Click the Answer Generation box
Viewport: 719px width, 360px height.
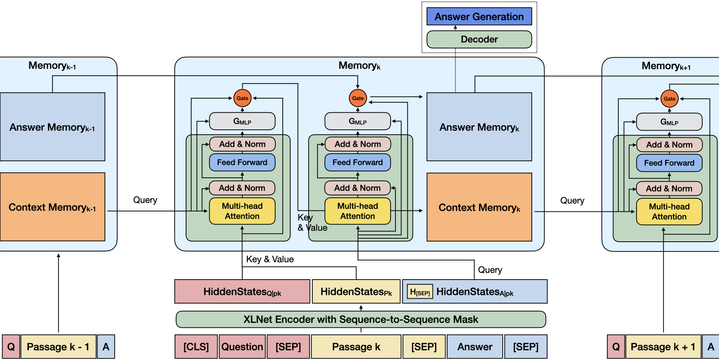tap(479, 16)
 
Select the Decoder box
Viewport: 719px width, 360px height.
tap(479, 39)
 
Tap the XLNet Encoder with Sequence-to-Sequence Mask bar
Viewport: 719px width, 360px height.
tap(361, 319)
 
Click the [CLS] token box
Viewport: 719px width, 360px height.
tap(196, 347)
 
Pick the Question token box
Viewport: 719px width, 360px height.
tap(242, 347)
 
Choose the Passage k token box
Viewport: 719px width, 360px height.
tap(356, 347)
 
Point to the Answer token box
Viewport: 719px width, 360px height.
tap(474, 347)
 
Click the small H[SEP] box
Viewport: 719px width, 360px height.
tap(420, 292)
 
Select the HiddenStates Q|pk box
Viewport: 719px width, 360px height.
tap(242, 292)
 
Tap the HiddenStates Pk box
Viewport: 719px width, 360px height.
tap(356, 292)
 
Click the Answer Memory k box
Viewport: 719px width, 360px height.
tap(479, 127)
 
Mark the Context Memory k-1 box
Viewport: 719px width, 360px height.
tap(52, 207)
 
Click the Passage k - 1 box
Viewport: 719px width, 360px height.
tap(58, 347)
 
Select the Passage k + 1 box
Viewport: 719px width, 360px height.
tap(663, 347)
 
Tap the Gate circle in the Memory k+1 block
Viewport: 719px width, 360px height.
tap(669, 99)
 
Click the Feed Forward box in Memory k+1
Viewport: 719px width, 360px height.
tap(669, 163)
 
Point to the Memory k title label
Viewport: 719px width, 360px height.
tap(359, 66)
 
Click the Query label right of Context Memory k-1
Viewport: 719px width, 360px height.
tap(145, 200)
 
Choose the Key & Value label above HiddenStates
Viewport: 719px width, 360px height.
tap(270, 259)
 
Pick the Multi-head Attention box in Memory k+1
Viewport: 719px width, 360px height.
tap(669, 211)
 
